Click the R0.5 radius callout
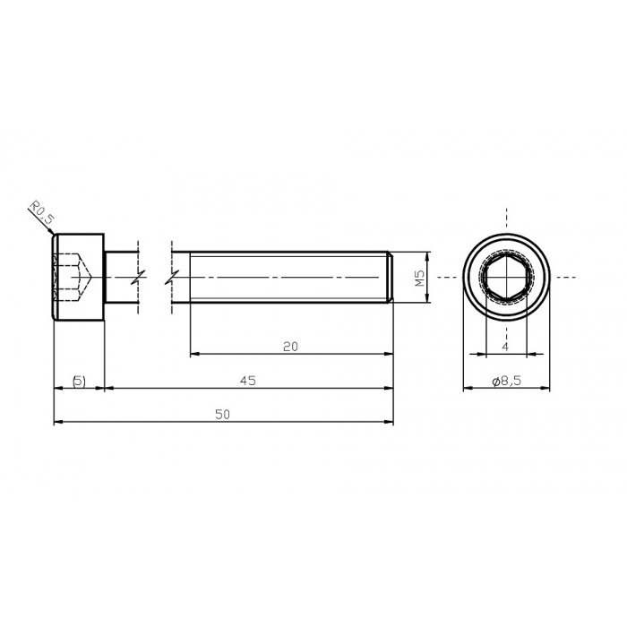click(40, 215)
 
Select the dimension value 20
click(289, 346)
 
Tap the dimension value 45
click(248, 380)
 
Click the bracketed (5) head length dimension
click(79, 381)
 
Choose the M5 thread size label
click(419, 279)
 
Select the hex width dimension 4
click(505, 346)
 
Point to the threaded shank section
click(287, 279)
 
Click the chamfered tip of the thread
click(391, 279)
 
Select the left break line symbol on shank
click(136, 279)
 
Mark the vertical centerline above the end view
click(506, 219)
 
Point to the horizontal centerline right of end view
click(563, 279)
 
